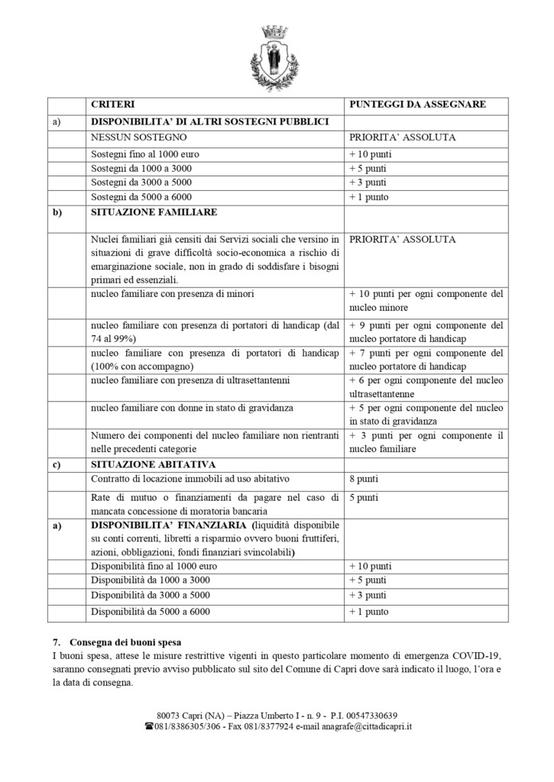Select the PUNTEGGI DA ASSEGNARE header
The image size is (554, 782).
(417, 104)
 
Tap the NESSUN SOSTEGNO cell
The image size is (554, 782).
(138, 137)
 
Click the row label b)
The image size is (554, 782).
(57, 212)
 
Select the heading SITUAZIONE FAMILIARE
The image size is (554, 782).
(154, 212)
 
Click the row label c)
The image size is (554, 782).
(57, 464)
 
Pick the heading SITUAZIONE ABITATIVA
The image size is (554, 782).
(152, 464)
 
